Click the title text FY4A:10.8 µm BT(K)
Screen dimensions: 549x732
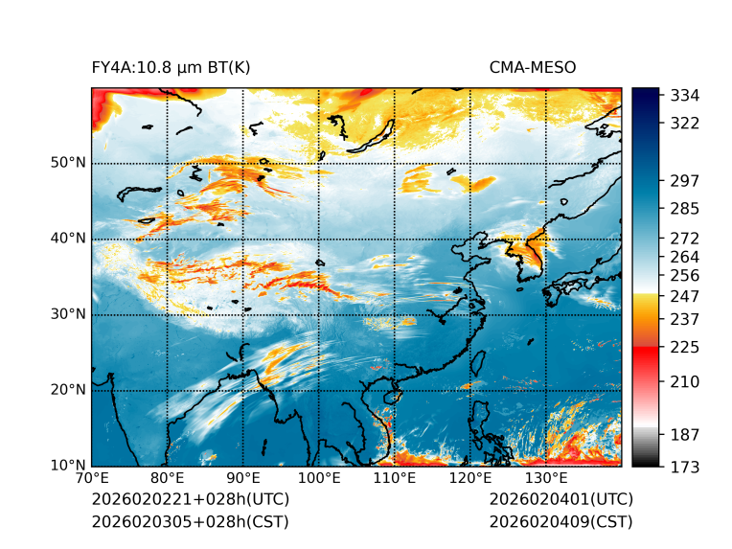[171, 67]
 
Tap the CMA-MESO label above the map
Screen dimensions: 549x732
[532, 67]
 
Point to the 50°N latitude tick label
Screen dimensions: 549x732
[68, 163]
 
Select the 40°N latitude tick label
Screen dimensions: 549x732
[68, 239]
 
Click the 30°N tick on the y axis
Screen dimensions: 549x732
[68, 314]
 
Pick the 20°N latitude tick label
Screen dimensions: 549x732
[68, 390]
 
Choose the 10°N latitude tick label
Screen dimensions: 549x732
[68, 466]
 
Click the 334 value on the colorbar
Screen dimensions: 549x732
[685, 95]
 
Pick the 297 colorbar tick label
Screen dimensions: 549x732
[685, 180]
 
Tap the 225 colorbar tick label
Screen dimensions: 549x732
[685, 346]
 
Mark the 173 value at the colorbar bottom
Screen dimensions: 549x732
[685, 467]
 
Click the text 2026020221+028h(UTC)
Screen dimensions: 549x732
[190, 499]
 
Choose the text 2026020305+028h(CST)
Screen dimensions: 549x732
[190, 521]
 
